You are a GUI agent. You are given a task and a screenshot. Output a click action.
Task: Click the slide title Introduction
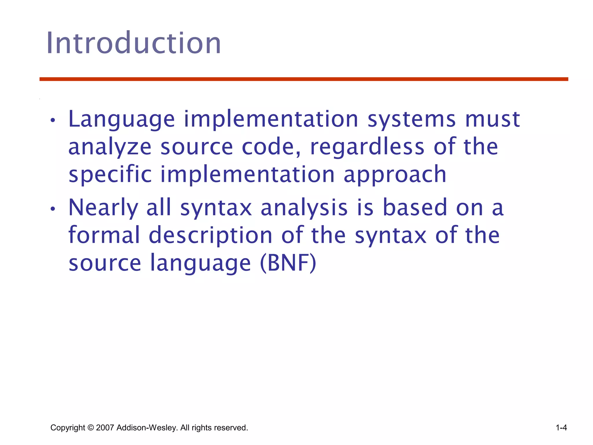pos(133,43)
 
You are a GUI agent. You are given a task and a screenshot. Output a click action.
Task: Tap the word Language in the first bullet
pos(122,119)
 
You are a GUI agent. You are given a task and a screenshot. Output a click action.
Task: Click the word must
pos(493,119)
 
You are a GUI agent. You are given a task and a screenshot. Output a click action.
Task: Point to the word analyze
pos(110,147)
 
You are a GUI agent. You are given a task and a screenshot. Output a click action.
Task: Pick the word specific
pos(110,175)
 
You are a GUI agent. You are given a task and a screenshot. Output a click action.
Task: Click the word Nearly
pos(103,208)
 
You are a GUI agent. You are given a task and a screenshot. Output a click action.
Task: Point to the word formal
pos(104,235)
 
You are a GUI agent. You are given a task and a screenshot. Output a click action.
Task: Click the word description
pos(211,236)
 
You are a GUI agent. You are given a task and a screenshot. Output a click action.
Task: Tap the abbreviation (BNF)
pos(288,263)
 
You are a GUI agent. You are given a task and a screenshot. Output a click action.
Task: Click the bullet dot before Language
pos(52,121)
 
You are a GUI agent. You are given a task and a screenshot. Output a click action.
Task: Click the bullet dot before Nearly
pos(52,209)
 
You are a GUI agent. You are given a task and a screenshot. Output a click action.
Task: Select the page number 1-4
pos(561,428)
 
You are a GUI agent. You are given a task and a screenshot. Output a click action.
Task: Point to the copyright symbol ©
pos(90,428)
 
